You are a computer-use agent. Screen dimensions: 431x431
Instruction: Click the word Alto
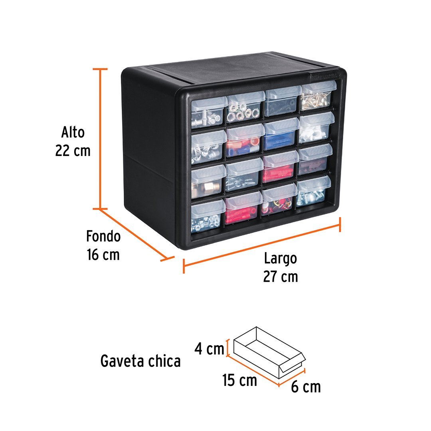(73, 132)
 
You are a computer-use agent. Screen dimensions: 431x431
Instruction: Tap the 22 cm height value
(73, 151)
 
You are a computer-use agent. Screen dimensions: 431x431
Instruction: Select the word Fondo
(103, 236)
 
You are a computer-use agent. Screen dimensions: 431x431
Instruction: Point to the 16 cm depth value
(103, 255)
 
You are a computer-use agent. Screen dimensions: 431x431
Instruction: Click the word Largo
(281, 258)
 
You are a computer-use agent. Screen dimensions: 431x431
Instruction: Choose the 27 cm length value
(281, 276)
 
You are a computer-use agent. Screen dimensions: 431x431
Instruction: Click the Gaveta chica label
(140, 361)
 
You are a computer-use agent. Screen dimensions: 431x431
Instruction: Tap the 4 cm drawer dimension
(209, 349)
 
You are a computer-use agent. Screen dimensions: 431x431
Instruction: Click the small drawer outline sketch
(268, 351)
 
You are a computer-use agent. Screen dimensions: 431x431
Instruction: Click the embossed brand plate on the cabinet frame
(324, 77)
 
